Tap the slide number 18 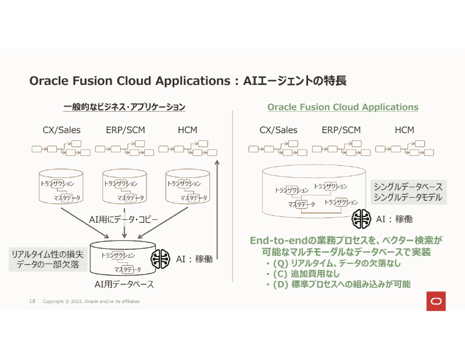click(33, 301)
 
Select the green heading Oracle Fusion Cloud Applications click(342, 107)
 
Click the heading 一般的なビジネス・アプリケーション click(124, 107)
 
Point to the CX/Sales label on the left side click(62, 130)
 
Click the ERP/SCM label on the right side click(341, 130)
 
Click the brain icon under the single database click(362, 219)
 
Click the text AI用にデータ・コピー click(124, 219)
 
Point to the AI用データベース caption click(124, 284)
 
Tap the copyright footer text click(91, 301)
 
